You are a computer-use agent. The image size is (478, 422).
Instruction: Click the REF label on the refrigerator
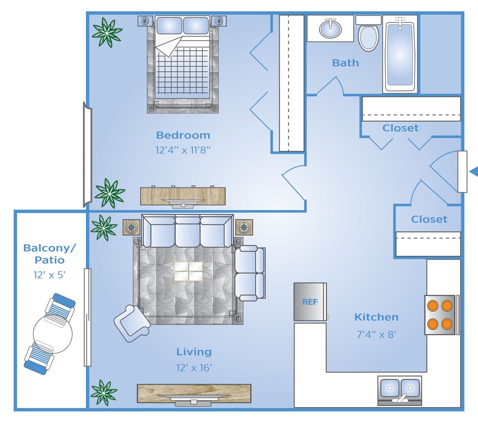point(310,302)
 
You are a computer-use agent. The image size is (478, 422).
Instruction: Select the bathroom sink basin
point(330,28)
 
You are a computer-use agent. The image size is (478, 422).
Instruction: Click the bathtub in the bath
point(400,54)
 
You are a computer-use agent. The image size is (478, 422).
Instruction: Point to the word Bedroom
point(183,135)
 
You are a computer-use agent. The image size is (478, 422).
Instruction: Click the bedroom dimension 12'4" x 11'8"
point(183,150)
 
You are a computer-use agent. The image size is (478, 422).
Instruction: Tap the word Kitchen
point(376,317)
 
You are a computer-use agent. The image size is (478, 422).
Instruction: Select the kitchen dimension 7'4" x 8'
point(376,335)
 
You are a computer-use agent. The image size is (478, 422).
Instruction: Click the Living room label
point(194,352)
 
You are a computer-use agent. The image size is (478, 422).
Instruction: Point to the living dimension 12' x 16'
point(194,368)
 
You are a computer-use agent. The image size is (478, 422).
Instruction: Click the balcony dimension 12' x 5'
point(49,275)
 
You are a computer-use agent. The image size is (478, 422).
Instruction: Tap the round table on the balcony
point(53,334)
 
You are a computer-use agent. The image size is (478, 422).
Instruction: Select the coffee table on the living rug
point(189,271)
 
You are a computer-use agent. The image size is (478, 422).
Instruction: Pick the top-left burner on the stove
point(433,305)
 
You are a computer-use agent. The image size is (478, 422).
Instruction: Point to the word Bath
point(345,63)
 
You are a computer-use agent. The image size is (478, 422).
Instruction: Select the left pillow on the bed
point(169,25)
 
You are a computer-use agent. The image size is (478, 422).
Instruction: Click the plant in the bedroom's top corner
point(107,32)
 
